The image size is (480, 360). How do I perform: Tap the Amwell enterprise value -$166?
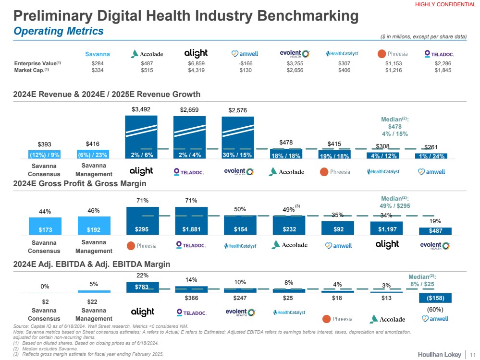pyautogui.click(x=245, y=63)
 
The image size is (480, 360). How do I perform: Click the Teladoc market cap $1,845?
pyautogui.click(x=443, y=71)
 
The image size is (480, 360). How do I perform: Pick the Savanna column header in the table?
pyautogui.click(x=97, y=54)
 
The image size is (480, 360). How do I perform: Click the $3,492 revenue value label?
pyautogui.click(x=141, y=109)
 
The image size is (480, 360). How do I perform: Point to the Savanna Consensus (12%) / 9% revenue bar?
pyautogui.click(x=45, y=155)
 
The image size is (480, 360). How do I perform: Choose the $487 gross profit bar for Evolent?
pyautogui.click(x=435, y=231)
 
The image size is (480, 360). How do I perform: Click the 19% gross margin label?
pyautogui.click(x=435, y=221)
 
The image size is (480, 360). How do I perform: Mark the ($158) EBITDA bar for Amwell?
pyautogui.click(x=435, y=298)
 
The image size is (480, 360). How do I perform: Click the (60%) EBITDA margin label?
pyautogui.click(x=435, y=310)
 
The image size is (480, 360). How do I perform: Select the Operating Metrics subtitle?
pyautogui.click(x=59, y=31)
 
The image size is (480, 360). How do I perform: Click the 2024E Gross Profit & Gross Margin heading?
pyautogui.click(x=80, y=184)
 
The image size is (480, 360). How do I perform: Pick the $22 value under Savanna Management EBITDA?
pyautogui.click(x=94, y=301)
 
